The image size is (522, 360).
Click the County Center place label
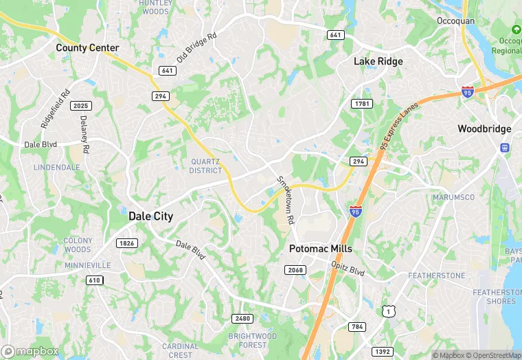pyautogui.click(x=87, y=48)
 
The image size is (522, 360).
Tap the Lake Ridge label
pyautogui.click(x=378, y=61)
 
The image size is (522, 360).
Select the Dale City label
pyautogui.click(x=151, y=216)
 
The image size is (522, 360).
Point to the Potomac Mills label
pyautogui.click(x=320, y=248)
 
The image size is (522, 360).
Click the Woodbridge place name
pyautogui.click(x=484, y=128)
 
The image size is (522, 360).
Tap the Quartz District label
pyautogui.click(x=206, y=166)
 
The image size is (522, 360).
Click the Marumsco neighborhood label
pyautogui.click(x=454, y=197)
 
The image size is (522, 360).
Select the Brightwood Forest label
pyautogui.click(x=252, y=341)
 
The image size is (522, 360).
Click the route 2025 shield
pyautogui.click(x=81, y=106)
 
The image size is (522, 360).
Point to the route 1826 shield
pyautogui.click(x=127, y=243)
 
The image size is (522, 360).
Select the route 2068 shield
pyautogui.click(x=295, y=270)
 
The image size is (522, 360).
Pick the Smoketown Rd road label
pyautogui.click(x=286, y=200)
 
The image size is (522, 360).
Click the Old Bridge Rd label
pyautogui.click(x=196, y=47)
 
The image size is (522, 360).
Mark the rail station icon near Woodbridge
pyautogui.click(x=505, y=147)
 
